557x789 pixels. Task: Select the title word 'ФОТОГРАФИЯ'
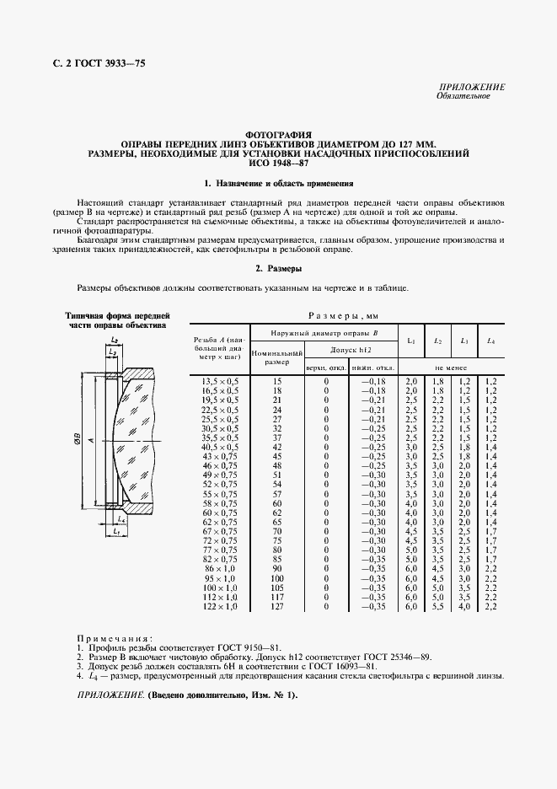click(278, 134)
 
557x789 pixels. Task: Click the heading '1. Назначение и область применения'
click(279, 183)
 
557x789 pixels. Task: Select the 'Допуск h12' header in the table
click(352, 349)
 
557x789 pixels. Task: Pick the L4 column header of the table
click(490, 341)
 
